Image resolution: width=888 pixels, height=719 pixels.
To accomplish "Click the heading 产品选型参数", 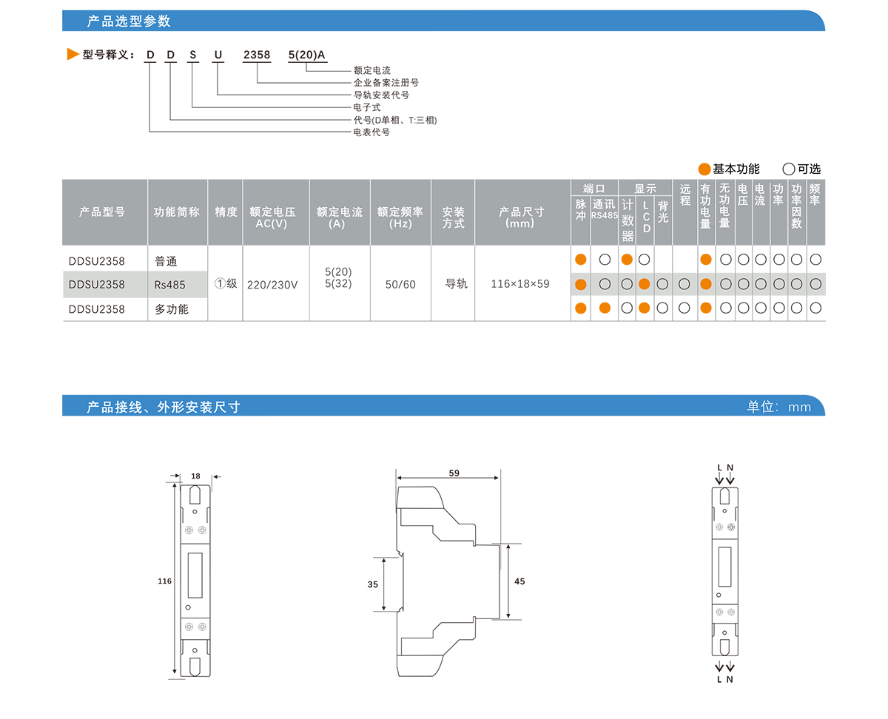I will pos(129,21).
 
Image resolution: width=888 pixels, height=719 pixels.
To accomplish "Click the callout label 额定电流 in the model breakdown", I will pos(371,70).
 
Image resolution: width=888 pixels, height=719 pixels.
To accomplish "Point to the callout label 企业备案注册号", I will pos(386,83).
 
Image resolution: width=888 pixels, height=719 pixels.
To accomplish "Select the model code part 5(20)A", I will pos(306,55).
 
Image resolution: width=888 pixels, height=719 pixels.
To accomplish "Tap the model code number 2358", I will pos(258,55).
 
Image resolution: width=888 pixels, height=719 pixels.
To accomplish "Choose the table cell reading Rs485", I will pos(170,285).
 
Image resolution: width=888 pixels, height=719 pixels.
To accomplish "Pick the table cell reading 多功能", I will pos(172,309).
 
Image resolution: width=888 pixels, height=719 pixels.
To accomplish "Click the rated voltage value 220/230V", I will pos(272,285).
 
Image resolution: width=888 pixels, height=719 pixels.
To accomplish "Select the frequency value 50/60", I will pos(400,285).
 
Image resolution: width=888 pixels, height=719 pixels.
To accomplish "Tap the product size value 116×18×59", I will pos(520,284).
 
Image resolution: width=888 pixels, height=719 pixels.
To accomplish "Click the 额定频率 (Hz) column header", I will pos(400,217).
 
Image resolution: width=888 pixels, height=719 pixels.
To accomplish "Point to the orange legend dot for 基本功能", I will pos(704,169).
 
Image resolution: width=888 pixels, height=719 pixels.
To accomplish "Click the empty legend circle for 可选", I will pos(789,169).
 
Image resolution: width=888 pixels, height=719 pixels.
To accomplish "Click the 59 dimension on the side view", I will pos(453,473).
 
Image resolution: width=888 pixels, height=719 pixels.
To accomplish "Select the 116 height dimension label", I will pos(164,581).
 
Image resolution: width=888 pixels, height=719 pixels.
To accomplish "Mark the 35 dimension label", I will pos(372,584).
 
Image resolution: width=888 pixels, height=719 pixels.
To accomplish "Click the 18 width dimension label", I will pos(195,476).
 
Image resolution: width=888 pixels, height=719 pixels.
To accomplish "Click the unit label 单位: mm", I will pos(778,407).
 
